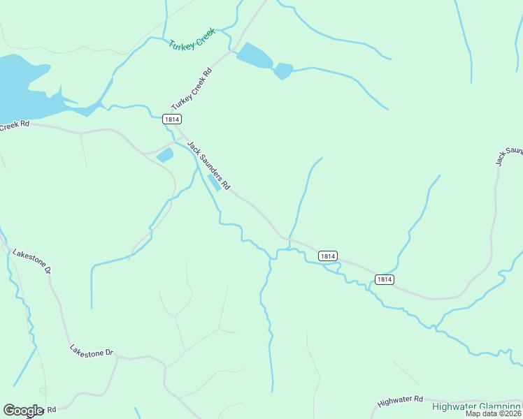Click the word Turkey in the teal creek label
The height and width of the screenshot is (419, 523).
tap(180, 44)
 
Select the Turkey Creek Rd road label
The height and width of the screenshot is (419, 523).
tap(191, 89)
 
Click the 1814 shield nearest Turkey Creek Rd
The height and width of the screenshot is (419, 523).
tap(172, 119)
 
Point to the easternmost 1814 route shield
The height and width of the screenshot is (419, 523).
tap(383, 279)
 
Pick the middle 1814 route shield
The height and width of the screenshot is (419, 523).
tap(329, 256)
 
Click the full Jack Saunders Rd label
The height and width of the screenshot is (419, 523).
tap(208, 166)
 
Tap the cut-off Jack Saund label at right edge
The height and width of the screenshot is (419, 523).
tap(509, 156)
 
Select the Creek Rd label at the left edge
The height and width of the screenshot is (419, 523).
tap(14, 126)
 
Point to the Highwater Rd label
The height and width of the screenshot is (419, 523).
tap(400, 401)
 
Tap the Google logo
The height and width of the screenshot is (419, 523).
tap(23, 411)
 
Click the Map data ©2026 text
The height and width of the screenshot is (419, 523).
tap(494, 413)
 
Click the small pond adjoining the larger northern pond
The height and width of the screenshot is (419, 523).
tap(282, 71)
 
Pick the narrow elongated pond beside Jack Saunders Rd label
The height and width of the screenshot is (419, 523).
tap(215, 182)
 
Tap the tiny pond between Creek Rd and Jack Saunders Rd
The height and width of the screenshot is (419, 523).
tap(165, 155)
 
